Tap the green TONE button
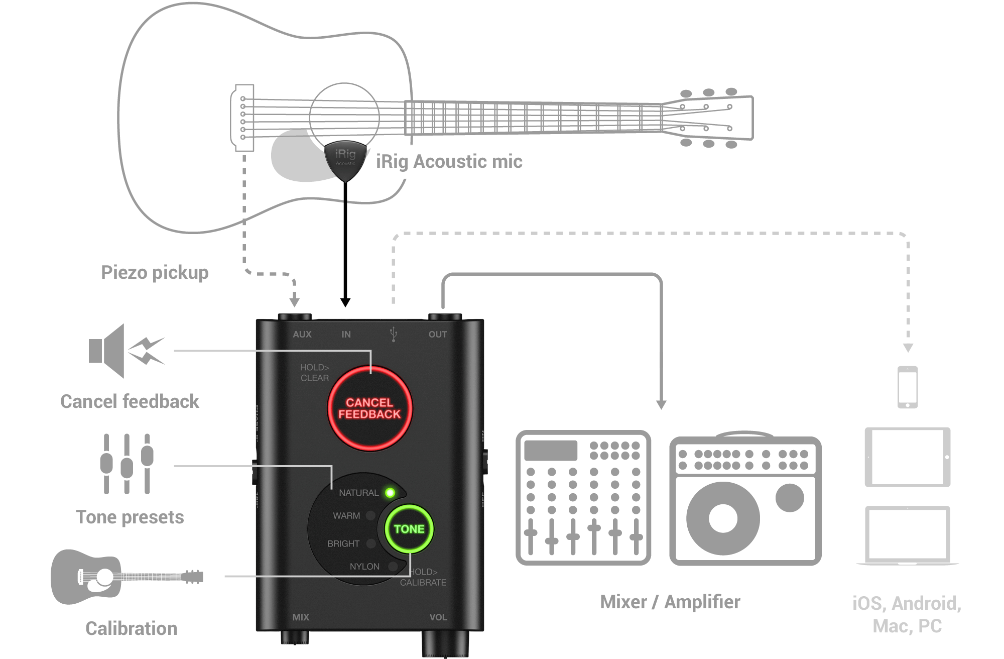(x=409, y=529)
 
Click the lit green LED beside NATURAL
(x=390, y=493)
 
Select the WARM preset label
(x=346, y=516)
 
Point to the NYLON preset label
(x=364, y=567)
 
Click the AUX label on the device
(x=302, y=335)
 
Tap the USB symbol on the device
(x=394, y=334)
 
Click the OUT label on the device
(x=437, y=335)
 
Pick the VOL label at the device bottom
(x=438, y=617)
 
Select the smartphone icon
(x=908, y=387)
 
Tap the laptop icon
(x=908, y=535)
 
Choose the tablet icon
(x=908, y=457)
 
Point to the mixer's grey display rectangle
(x=551, y=451)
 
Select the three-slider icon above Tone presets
(x=127, y=464)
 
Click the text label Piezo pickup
(x=155, y=272)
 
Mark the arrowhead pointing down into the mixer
(x=661, y=404)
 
